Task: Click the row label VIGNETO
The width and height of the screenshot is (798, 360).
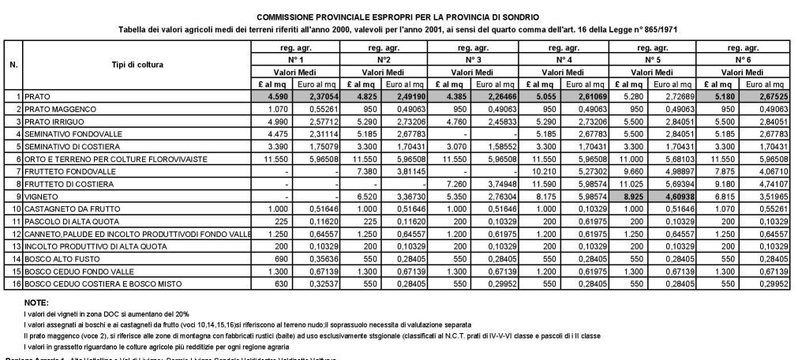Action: (x=42, y=194)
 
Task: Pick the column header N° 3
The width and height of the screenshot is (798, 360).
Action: (x=471, y=60)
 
